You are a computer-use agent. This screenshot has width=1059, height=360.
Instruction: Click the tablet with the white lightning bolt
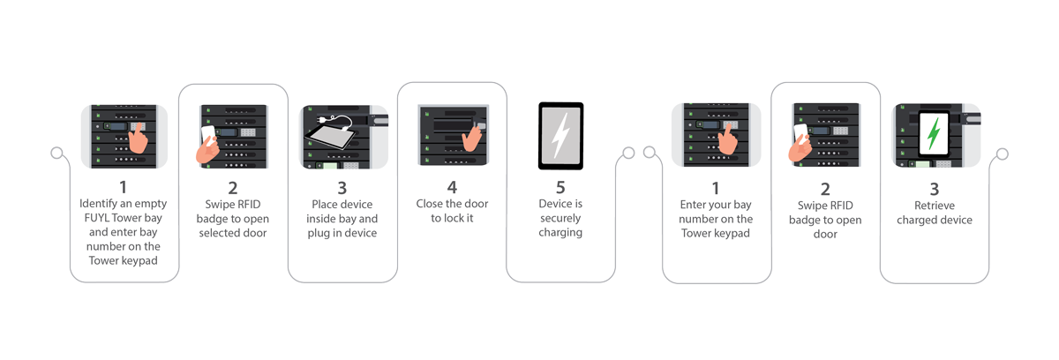[560, 136]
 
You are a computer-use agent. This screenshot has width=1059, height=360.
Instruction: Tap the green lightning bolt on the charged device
[933, 135]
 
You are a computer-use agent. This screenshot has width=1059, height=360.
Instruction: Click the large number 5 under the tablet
[560, 187]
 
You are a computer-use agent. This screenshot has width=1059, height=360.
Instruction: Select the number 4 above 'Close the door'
[452, 187]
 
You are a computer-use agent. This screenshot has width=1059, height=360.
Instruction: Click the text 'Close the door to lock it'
[452, 211]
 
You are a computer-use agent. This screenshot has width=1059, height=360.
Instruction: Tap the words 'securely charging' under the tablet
[560, 226]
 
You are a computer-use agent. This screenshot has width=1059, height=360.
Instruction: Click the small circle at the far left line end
[56, 154]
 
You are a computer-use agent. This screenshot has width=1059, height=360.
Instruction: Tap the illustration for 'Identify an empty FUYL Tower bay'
[124, 135]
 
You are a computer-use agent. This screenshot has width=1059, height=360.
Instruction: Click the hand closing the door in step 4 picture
[475, 135]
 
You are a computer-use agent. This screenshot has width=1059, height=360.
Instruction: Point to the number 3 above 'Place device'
[342, 187]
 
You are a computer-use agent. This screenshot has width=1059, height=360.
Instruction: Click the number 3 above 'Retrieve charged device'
[935, 187]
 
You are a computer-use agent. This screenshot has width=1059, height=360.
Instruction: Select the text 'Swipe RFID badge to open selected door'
[232, 218]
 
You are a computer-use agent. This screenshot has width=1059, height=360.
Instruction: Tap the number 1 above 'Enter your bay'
[715, 187]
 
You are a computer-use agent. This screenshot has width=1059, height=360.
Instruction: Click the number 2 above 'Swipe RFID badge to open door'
[825, 187]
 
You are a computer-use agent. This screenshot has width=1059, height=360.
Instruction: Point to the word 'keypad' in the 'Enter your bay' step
[734, 233]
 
